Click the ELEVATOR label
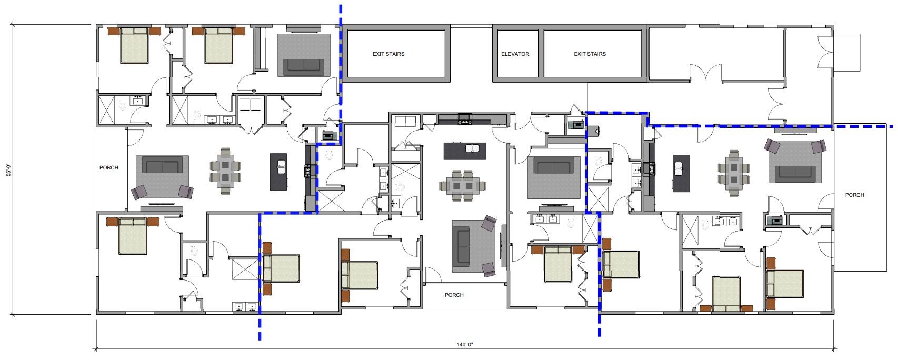pos(515,54)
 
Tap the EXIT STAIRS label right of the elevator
pos(590,54)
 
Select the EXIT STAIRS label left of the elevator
pos(388,54)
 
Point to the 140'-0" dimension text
pos(465,344)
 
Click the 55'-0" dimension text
pos(8,169)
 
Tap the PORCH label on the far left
pos(108,167)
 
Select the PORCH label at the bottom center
pos(454,295)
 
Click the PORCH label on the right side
pos(854,195)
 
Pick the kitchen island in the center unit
pos(465,151)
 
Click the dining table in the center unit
pos(463,186)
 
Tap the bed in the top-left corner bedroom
pos(134,45)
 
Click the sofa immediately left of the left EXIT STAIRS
pos(304,67)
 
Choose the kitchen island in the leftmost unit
pos(278,172)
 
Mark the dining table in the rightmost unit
pos(734,173)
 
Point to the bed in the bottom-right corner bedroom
pos(784,284)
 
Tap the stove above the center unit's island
pos(465,119)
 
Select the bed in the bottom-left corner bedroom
pos(132,236)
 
